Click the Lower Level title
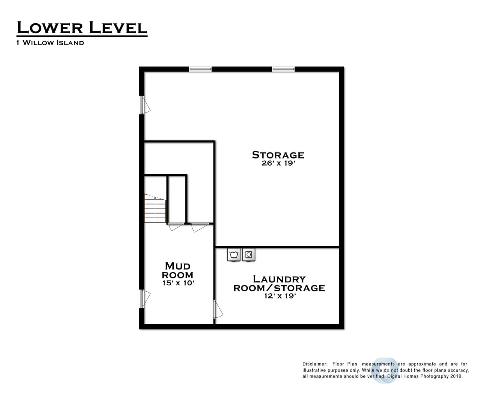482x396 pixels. coord(82,27)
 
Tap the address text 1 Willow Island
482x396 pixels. coord(50,43)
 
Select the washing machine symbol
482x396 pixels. coord(233,254)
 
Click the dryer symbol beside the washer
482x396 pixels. coord(249,254)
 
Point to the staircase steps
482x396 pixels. coord(155,209)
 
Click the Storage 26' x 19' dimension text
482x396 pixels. coord(278,163)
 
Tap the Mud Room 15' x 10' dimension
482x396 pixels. coord(178,283)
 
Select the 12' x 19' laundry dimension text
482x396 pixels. coord(280,296)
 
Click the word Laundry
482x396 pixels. coord(279,279)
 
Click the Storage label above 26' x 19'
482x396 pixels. coord(278,155)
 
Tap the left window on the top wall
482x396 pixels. coord(200,69)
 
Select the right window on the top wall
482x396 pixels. coord(283,69)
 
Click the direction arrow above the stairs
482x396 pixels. coord(155,197)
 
